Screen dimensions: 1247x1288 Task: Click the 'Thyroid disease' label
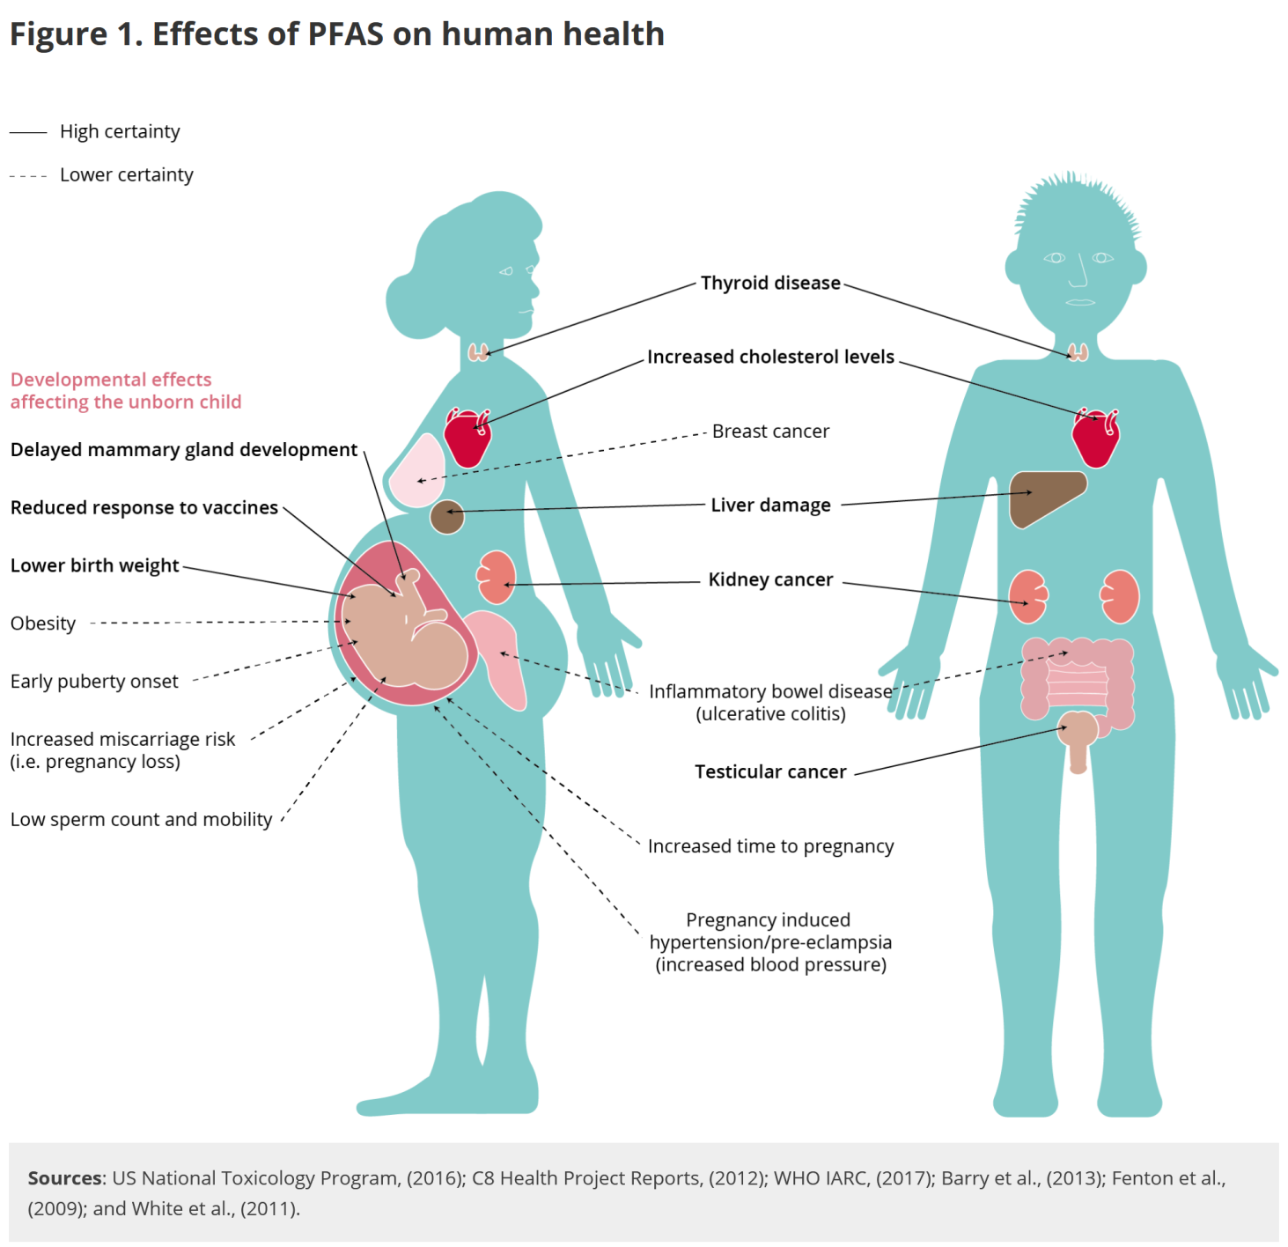click(x=770, y=283)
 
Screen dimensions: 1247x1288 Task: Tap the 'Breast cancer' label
click(x=770, y=432)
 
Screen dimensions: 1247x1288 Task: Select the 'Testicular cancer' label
click(x=770, y=771)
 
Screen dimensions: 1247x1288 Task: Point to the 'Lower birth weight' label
click(x=95, y=565)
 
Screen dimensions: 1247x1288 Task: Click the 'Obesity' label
click(x=43, y=623)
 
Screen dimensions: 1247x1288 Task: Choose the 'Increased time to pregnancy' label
click(x=770, y=846)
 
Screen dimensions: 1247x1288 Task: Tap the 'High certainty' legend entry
click(x=120, y=131)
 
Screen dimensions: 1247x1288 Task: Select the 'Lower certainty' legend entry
click(x=126, y=175)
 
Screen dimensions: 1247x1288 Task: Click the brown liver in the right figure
click(x=1043, y=495)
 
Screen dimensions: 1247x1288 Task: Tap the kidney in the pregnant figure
click(x=497, y=578)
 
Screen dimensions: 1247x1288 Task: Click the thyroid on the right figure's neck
click(x=1078, y=353)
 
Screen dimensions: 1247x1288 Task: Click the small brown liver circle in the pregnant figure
click(x=447, y=517)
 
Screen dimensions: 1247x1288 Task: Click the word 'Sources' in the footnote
click(x=65, y=1178)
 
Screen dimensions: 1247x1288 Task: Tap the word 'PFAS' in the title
click(x=345, y=34)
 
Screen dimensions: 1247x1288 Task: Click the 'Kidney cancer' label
click(x=770, y=579)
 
